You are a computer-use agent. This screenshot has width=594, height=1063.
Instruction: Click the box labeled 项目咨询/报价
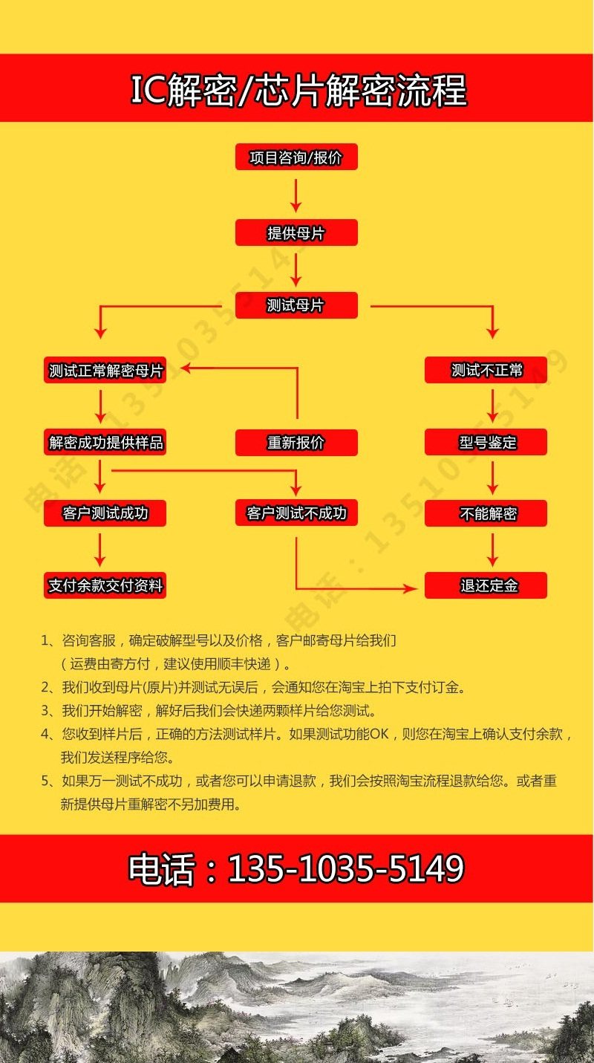296,157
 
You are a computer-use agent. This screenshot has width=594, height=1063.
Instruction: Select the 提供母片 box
296,233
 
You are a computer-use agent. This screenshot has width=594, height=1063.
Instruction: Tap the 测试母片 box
296,305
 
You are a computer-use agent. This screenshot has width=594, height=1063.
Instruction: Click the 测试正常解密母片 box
105,370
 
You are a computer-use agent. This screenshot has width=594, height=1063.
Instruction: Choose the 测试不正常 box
486,370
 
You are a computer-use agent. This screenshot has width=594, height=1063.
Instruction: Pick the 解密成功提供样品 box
105,443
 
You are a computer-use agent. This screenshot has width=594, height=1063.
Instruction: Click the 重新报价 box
296,443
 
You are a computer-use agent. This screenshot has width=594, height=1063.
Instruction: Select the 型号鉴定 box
486,443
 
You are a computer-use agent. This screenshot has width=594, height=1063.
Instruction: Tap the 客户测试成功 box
105,513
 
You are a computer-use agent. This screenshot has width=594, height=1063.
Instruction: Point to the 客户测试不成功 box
296,513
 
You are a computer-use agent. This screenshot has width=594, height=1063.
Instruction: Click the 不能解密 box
486,513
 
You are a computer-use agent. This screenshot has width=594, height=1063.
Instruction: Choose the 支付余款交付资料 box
105,585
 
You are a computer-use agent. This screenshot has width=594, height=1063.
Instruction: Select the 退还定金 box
486,585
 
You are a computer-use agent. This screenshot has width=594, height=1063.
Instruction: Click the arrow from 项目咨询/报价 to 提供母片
296,194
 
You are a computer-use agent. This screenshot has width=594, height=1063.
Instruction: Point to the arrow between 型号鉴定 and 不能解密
492,477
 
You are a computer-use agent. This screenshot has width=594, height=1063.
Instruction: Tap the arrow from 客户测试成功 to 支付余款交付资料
100,549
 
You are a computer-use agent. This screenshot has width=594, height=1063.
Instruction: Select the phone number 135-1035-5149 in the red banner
345,868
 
